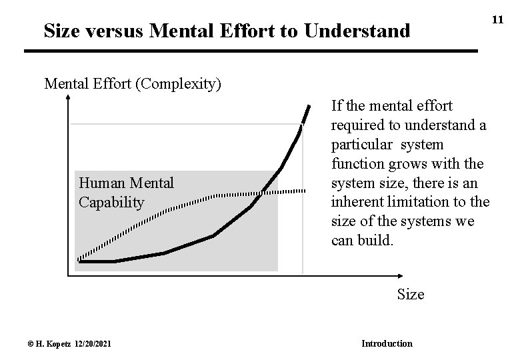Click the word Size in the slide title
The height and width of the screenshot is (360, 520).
65,30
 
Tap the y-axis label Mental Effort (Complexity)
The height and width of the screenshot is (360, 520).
133,85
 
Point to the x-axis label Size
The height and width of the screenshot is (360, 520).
410,293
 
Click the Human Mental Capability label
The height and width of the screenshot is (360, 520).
126,192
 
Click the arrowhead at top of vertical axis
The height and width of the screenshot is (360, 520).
68,99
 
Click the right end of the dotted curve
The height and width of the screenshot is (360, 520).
305,191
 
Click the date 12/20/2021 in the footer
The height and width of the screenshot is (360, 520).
89,343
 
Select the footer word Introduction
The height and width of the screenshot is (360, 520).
387,343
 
